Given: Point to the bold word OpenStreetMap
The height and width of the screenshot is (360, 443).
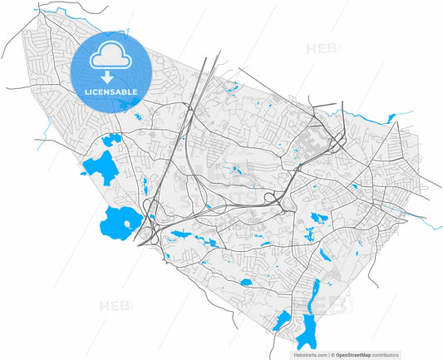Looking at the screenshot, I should [x=354, y=353].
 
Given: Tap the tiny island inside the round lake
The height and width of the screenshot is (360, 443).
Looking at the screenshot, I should [x=126, y=220].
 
